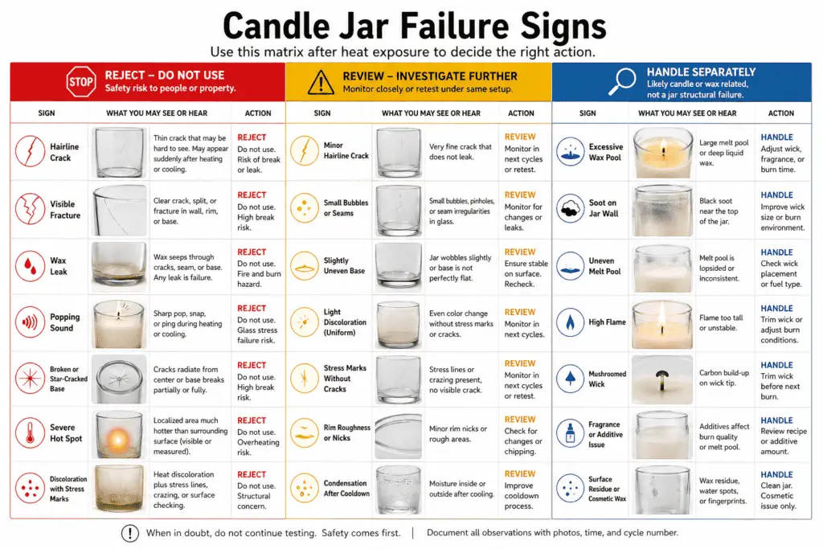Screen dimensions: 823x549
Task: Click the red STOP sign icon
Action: click(x=81, y=81)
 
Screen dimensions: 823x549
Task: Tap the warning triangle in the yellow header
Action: click(x=320, y=83)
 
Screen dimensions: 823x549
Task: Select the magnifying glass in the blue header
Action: click(x=623, y=81)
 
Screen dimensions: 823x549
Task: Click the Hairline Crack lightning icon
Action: click(x=31, y=151)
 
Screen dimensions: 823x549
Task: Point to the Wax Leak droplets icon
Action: click(x=31, y=265)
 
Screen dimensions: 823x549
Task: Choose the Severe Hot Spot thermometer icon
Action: click(x=31, y=432)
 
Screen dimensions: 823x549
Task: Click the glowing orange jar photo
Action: click(x=119, y=434)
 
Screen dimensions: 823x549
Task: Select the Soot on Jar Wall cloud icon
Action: click(x=570, y=208)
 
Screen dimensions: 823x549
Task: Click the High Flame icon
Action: click(x=570, y=322)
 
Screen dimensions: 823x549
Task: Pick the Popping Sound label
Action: click(x=65, y=322)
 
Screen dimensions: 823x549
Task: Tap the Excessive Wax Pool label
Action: click(x=606, y=152)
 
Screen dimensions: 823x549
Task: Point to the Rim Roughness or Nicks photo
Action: click(x=399, y=435)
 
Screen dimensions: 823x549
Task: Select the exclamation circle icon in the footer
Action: click(x=130, y=533)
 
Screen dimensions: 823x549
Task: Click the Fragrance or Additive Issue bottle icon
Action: click(x=570, y=433)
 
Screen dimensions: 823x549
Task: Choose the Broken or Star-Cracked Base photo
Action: click(x=119, y=379)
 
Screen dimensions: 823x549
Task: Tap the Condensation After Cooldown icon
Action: click(x=305, y=488)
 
